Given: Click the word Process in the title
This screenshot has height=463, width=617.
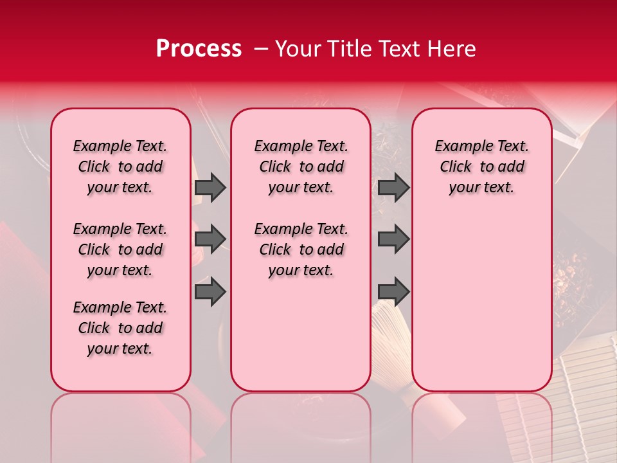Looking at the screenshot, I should point(199,49).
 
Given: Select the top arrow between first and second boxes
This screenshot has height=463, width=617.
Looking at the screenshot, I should point(210,188).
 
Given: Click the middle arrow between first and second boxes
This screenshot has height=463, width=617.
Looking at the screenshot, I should point(210,239).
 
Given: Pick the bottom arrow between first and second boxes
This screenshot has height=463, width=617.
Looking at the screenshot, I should point(210,292).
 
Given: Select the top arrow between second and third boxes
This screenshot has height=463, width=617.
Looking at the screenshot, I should point(393,188).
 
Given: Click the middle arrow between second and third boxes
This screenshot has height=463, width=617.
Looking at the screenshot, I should point(393,239).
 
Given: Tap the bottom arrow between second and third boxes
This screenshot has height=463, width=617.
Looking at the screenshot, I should point(393,292).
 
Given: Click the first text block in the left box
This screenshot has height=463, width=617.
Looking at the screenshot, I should point(120,167).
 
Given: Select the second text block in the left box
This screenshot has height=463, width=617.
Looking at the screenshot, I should point(120,250).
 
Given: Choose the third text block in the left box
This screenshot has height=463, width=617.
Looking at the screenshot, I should point(120,328).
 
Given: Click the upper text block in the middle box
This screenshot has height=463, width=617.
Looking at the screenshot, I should point(301,167).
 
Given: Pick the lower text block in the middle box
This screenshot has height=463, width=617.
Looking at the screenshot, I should point(301,250).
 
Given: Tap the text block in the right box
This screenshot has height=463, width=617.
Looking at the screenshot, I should point(481,167).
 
